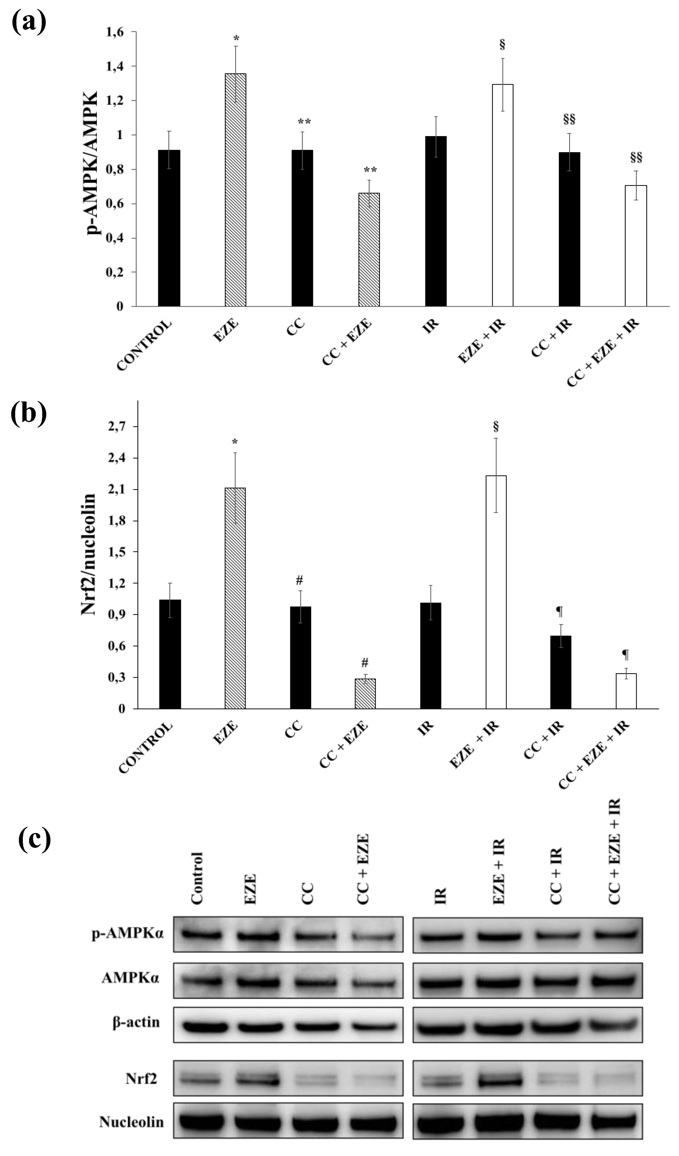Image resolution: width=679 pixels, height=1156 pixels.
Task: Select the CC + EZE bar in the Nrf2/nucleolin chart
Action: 365,694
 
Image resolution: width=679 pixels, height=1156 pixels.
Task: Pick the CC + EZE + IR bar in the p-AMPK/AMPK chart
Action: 636,245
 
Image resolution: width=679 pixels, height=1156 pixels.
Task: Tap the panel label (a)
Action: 29,22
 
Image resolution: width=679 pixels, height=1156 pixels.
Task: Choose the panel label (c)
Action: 35,838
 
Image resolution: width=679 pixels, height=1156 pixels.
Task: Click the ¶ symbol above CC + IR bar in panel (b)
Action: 559,611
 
